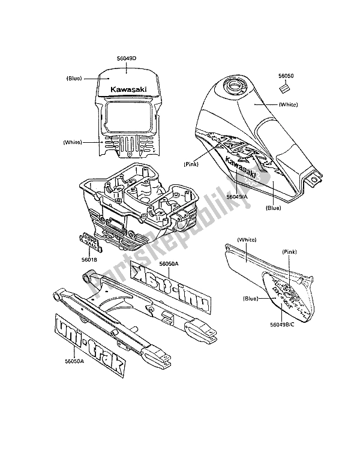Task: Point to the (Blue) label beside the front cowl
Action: tap(76, 78)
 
